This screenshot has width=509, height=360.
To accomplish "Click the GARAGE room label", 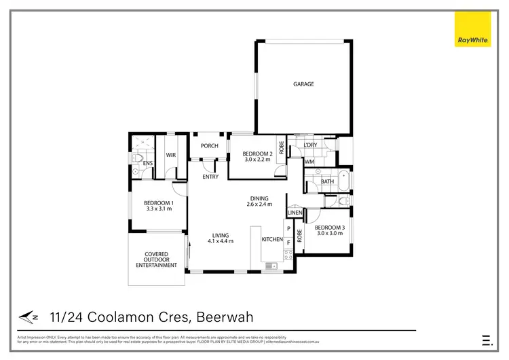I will click(x=303, y=84).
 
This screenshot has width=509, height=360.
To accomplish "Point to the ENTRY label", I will click(x=210, y=177).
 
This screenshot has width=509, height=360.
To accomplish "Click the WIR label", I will click(x=170, y=155).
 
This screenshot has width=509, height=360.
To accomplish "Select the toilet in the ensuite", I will click(x=136, y=158).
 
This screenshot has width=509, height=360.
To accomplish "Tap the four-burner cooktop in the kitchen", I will click(x=288, y=255).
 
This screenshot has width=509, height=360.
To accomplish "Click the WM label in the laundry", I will click(x=309, y=162).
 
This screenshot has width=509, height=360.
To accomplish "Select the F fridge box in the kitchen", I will click(x=288, y=241).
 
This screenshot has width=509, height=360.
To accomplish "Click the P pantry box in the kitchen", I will click(x=288, y=229).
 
